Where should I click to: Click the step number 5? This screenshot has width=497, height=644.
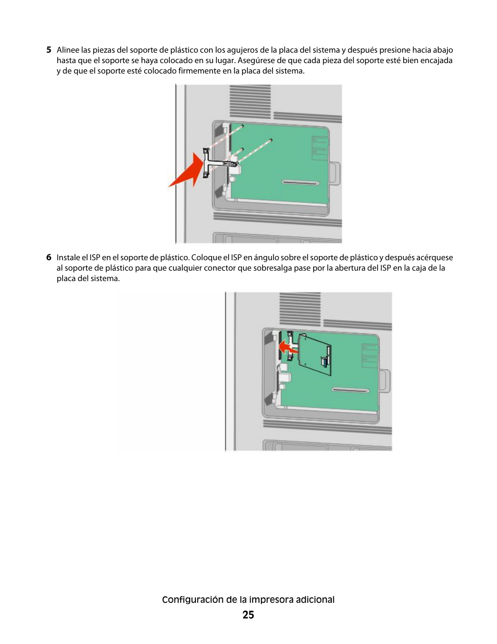coord(49,50)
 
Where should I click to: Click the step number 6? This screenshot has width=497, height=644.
coord(49,257)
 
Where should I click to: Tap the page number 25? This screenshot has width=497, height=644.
coord(249,615)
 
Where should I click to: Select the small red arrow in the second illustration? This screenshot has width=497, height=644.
coord(288,347)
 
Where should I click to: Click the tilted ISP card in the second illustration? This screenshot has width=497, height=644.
coord(315,354)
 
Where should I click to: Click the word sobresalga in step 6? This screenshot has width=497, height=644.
coord(274,268)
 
